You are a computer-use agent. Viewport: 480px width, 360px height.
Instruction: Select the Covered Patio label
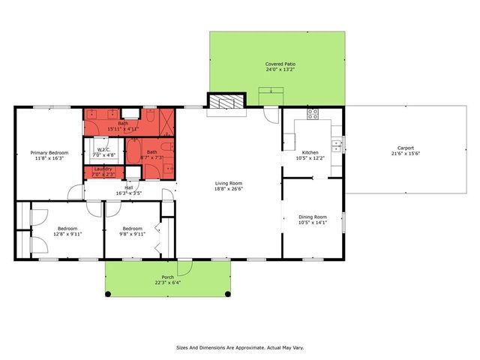pyautogui.click(x=280, y=64)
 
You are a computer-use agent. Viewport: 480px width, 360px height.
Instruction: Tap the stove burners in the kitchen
pyautogui.click(x=312, y=115)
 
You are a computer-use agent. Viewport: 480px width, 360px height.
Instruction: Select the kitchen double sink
pyautogui.click(x=337, y=144)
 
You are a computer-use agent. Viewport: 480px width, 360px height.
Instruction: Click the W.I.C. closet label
pyautogui.click(x=103, y=149)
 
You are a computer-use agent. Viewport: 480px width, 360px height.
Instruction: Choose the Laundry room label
pyautogui.click(x=103, y=169)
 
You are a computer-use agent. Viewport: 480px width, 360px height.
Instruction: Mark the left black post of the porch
pyautogui.click(x=107, y=293)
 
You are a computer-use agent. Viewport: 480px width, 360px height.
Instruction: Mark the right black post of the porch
pyautogui.click(x=227, y=293)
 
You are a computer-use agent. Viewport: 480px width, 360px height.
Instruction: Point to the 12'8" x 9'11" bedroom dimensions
pyautogui.click(x=67, y=233)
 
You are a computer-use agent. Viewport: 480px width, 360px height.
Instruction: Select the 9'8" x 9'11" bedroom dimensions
pyautogui.click(x=132, y=233)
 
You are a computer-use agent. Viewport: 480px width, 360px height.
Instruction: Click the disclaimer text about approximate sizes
pyautogui.click(x=239, y=348)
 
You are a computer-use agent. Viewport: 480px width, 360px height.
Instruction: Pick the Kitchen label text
pyautogui.click(x=310, y=152)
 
